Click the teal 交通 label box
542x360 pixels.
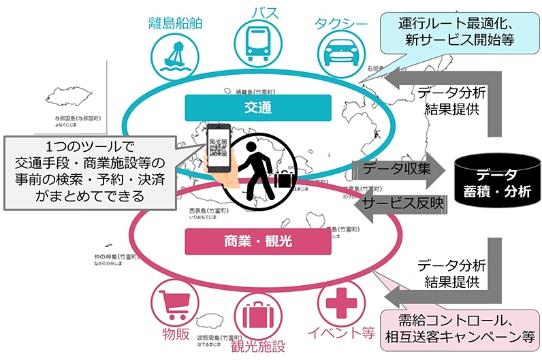(x=257, y=108)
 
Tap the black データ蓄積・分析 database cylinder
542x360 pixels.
(x=495, y=182)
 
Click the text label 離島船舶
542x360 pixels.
(x=176, y=22)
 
